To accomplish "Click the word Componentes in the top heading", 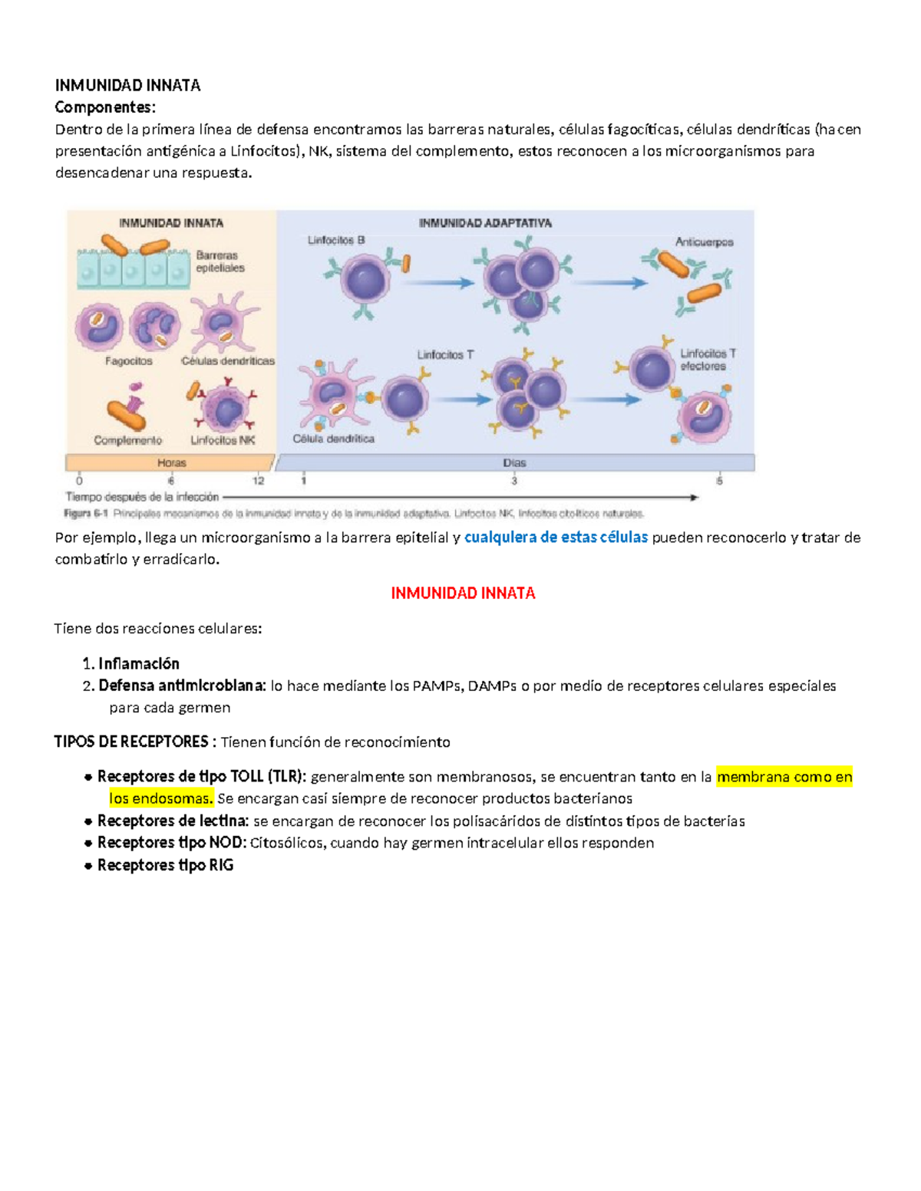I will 104,107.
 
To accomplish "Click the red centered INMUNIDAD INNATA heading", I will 463,593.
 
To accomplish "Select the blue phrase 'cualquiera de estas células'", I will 556,538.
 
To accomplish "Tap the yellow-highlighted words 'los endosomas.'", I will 161,798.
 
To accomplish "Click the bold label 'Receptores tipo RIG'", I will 165,865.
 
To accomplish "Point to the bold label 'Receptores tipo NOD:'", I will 172,843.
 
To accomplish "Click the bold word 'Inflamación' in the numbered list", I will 139,663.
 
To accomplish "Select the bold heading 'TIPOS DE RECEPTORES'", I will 131,742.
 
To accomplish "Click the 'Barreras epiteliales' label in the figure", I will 220,262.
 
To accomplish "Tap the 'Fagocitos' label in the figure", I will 129,360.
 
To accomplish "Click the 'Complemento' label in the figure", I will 128,440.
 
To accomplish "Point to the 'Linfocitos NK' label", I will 223,440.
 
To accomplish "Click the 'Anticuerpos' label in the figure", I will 704,242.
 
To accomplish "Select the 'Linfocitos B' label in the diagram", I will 336,240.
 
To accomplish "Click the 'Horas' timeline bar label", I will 171,462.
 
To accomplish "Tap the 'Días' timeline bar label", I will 514,462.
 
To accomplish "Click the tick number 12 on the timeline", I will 258,481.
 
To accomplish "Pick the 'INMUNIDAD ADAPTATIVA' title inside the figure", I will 485,223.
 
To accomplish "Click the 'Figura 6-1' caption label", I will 87,513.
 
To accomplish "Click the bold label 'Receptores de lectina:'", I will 173,821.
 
